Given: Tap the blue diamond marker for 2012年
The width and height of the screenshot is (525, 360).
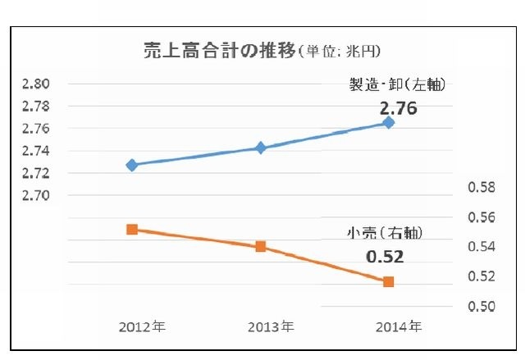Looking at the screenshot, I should [x=131, y=165].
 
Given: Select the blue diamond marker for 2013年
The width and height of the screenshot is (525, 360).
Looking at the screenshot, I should [x=261, y=148].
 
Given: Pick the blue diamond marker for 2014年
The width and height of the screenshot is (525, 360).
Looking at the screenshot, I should [x=389, y=122].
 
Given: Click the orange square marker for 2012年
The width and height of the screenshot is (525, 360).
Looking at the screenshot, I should [x=131, y=230].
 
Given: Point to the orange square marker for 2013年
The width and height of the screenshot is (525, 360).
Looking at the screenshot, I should [x=261, y=246].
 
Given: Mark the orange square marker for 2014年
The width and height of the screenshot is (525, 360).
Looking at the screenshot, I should [x=389, y=281].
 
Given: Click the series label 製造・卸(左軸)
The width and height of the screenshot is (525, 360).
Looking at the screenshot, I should [x=398, y=84].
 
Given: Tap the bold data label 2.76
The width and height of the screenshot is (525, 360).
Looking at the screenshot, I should [x=398, y=107].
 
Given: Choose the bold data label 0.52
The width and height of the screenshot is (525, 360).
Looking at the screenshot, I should [x=385, y=257].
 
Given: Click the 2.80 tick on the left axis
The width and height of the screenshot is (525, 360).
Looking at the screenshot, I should [x=36, y=84].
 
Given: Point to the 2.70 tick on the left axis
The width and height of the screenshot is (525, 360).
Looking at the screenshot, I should [x=36, y=196].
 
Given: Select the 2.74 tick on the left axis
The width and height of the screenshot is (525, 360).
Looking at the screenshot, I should [x=36, y=151].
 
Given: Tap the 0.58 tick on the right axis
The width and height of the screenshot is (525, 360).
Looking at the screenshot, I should [x=482, y=188].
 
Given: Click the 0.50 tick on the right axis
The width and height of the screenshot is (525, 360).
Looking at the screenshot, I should [x=482, y=306].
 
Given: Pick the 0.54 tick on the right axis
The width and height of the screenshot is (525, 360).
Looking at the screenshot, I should [x=482, y=247].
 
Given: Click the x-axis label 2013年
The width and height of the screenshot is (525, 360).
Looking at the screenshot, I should [x=271, y=326].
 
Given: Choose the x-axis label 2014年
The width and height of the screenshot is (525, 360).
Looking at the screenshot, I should [x=399, y=326].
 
